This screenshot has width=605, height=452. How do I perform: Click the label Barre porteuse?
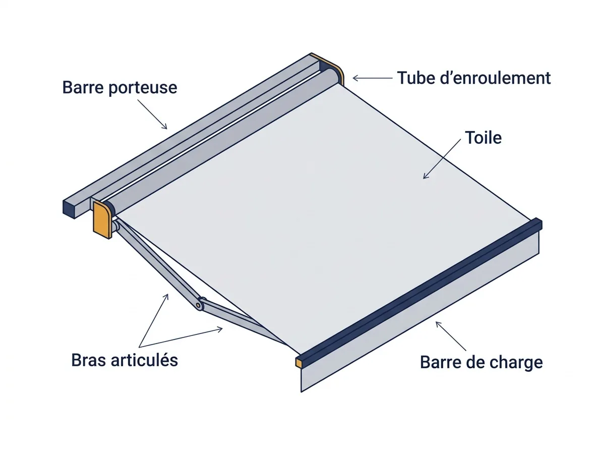pos(119,88)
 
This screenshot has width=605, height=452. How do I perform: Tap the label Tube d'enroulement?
pos(474,78)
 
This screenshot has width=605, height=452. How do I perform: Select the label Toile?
pos(483,138)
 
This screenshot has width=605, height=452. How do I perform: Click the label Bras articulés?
pos(125,360)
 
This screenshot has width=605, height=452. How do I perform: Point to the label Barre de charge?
pos(481,362)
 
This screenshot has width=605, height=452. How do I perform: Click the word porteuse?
pos(143,88)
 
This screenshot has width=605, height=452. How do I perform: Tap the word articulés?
pos(144,360)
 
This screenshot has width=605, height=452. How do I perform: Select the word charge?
pos(515,363)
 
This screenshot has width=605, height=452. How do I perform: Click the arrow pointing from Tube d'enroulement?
pos(373,78)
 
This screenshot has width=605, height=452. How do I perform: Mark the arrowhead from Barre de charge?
pos(438,323)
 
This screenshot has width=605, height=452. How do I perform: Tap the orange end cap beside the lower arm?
pos(102,220)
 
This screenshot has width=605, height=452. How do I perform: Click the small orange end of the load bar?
pos(299,363)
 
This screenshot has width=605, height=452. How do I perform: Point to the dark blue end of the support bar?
pos(70,209)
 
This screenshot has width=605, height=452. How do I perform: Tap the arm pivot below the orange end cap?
pos(115,225)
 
